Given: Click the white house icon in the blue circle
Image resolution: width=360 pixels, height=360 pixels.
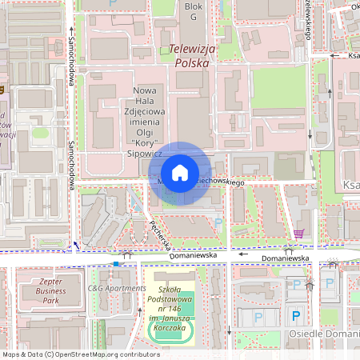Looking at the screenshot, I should tap(179, 172).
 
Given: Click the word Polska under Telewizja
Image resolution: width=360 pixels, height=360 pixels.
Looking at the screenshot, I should tap(191, 63).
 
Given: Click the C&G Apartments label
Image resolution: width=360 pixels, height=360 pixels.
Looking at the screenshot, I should tap(116, 288).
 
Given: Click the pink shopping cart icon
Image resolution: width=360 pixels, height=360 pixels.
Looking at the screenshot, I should tap(299, 234).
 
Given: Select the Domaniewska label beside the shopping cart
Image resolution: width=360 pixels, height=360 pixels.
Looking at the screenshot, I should tap(284, 259).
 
